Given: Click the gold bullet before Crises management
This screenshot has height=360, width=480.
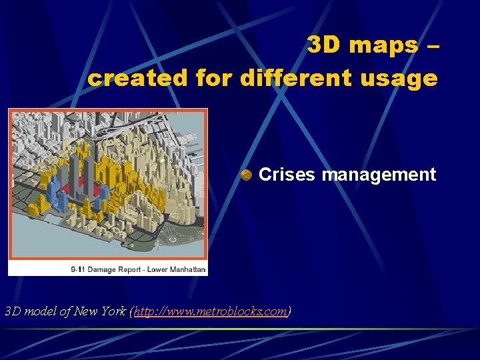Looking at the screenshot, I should tap(246, 175).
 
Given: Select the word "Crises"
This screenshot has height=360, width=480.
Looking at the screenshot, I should tap(287, 175).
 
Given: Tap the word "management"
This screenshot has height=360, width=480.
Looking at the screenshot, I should tap(379, 175).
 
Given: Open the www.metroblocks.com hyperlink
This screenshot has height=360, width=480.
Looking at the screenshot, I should tap(211, 311).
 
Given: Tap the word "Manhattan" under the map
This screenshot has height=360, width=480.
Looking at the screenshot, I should tap(188, 269).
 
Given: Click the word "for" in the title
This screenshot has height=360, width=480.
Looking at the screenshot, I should tap(213, 78).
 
